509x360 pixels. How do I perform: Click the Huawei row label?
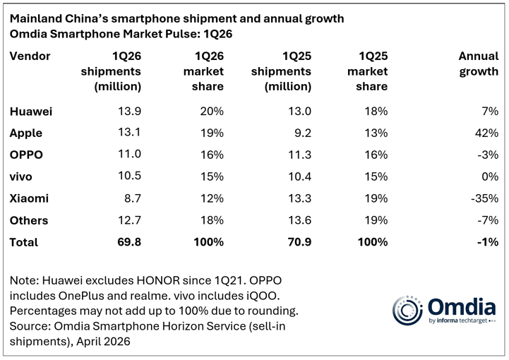point(32,112)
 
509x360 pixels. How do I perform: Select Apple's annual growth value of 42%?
point(487,133)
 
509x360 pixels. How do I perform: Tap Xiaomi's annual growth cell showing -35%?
point(484,198)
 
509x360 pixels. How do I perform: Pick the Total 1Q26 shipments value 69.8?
point(128,242)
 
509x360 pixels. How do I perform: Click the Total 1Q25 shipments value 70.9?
point(297,242)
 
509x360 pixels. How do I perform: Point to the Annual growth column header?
point(478,64)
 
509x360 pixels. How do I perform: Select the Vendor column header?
point(30,56)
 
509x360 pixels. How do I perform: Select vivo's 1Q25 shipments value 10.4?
point(297,176)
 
